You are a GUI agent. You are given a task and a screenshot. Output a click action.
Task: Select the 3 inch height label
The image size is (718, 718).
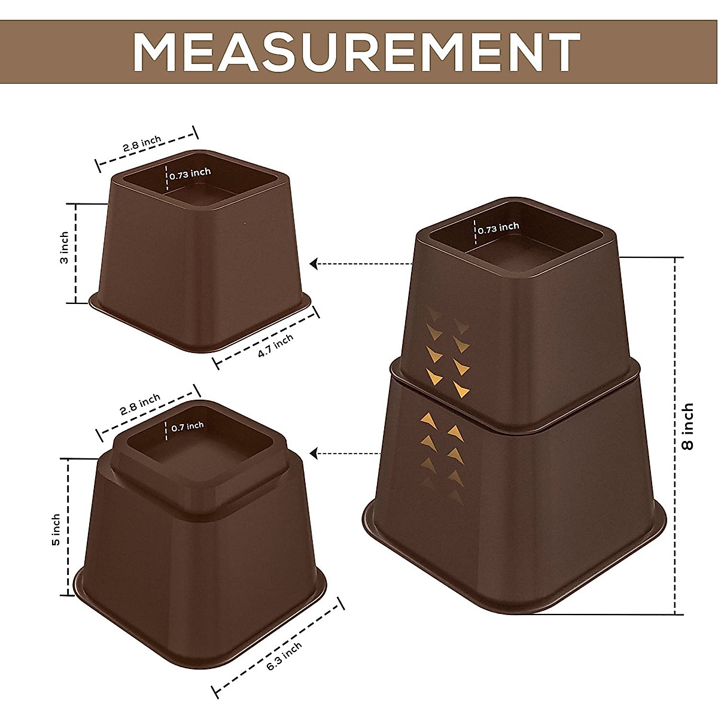coord(65,247)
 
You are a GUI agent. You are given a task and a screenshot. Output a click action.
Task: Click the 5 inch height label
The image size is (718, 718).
coord(56,529)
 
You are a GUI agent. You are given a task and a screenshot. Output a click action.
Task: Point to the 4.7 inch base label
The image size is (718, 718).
coord(275,346)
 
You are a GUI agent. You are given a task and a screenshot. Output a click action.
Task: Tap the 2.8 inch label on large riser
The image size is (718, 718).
coord(140,404)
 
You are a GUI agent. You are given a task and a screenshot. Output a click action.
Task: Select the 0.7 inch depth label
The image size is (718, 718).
coord(187,427)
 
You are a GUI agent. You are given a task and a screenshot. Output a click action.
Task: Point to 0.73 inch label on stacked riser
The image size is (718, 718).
coord(498,228)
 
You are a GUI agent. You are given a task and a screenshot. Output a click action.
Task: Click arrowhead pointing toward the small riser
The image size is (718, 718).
coord(314,263)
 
